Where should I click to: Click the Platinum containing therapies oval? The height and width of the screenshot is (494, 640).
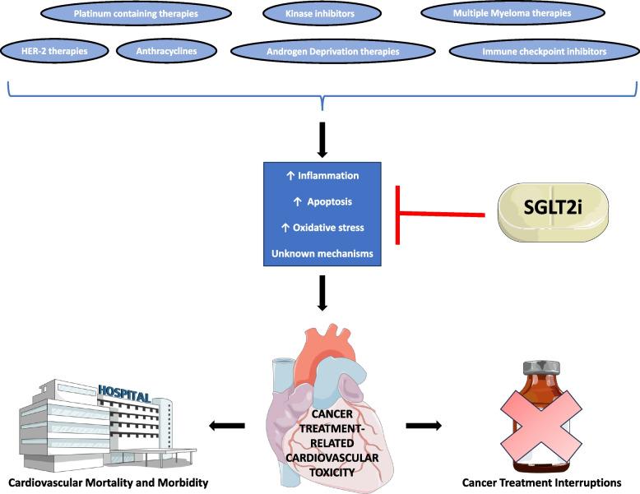[x=135, y=14]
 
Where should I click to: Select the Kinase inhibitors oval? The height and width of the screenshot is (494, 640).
[x=320, y=14]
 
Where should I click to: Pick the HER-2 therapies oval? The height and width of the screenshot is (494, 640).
[x=55, y=51]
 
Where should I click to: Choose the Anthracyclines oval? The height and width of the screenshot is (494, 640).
[x=167, y=51]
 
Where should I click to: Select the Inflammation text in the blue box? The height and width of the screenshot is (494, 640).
[x=322, y=175]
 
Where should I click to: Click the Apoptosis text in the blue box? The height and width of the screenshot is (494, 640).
[x=322, y=201]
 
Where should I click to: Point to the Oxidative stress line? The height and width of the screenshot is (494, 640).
[x=322, y=227]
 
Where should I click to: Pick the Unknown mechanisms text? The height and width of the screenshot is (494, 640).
[x=322, y=253]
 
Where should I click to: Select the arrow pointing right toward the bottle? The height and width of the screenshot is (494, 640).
[x=423, y=425]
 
